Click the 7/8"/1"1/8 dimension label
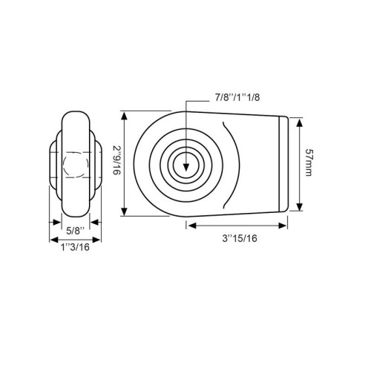pyautogui.click(x=237, y=97)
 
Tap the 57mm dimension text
pyautogui.click(x=308, y=162)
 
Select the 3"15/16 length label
pyautogui.click(x=240, y=238)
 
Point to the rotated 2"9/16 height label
pyautogui.click(x=116, y=160)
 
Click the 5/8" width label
pyautogui.click(x=76, y=231)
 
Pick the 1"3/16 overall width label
pyautogui.click(x=75, y=247)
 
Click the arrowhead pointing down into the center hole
pyautogui.click(x=186, y=168)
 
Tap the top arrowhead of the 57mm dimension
pyautogui.click(x=300, y=123)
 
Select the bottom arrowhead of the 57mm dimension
pyautogui.click(x=300, y=206)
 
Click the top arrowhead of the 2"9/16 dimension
pyautogui.click(x=124, y=116)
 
